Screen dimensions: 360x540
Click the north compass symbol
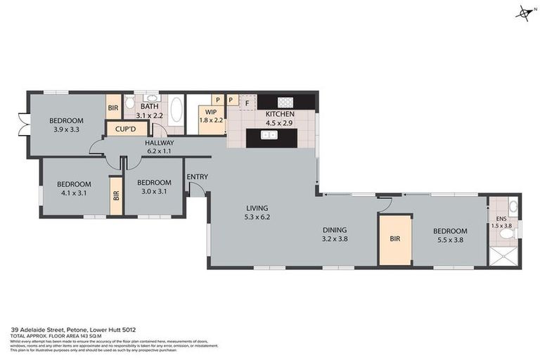click(523, 12)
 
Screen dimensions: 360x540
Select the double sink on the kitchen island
click(269, 135)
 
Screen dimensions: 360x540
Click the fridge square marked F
click(247, 104)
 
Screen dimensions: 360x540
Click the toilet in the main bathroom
click(130, 104)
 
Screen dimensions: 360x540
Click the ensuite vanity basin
click(514, 207)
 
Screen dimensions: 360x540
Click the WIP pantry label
click(210, 112)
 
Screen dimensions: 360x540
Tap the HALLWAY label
click(159, 143)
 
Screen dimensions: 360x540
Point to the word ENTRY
click(197, 176)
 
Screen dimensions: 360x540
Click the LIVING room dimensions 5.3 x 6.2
click(257, 217)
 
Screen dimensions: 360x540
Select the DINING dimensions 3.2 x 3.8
click(335, 239)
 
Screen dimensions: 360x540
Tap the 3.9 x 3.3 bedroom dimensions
click(67, 129)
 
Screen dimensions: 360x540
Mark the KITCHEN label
click(280, 114)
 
